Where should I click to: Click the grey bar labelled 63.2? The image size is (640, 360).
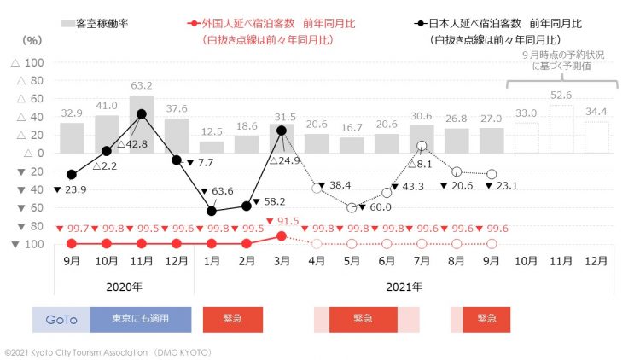[x=142, y=124]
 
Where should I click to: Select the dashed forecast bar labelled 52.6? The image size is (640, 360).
[x=561, y=129]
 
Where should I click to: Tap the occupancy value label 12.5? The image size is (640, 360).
[x=212, y=131]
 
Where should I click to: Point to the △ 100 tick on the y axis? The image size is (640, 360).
[x=28, y=63]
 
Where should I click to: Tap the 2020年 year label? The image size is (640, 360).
[x=125, y=286]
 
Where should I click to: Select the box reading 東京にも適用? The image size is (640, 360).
[x=141, y=319]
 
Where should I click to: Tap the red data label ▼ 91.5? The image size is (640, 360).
[x=285, y=221]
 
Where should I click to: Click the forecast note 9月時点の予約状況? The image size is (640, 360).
[x=560, y=55]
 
